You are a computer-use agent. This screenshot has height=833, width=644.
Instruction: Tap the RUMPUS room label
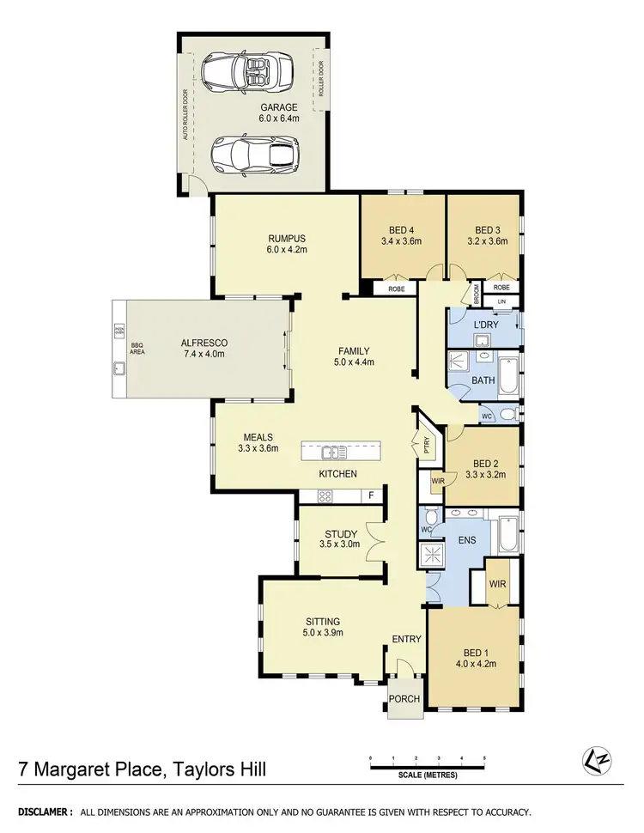(287, 239)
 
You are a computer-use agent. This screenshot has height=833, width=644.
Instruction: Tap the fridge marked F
(370, 496)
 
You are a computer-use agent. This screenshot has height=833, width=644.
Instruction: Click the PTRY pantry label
(426, 445)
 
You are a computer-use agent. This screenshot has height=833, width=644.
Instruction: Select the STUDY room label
(341, 534)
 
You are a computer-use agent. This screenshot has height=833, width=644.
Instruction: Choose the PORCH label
(404, 699)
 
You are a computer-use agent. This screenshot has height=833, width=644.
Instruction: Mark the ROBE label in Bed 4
(397, 289)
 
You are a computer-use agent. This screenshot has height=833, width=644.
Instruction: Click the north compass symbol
(592, 758)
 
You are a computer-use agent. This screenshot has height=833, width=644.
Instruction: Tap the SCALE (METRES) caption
(427, 775)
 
